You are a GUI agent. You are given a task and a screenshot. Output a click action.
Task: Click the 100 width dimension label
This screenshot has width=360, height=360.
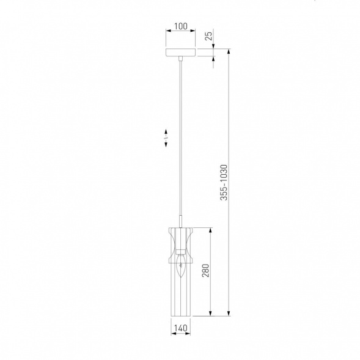[181, 26]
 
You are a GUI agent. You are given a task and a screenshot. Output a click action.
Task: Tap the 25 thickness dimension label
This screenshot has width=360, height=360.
[209, 36]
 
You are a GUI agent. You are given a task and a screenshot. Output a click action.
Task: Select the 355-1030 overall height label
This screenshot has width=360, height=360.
[224, 183]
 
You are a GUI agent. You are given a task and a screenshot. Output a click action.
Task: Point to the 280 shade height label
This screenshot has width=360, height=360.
[206, 271]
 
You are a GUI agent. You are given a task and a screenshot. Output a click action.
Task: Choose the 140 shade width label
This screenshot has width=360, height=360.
[181, 328]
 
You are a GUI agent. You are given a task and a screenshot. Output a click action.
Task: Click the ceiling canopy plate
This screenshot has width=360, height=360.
[181, 52]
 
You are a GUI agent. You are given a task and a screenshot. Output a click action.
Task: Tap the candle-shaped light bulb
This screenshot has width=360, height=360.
[181, 266]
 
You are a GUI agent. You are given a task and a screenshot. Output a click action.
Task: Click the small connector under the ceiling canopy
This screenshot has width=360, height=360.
[181, 58]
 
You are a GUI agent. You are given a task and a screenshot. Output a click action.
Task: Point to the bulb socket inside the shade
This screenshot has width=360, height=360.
[181, 252]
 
